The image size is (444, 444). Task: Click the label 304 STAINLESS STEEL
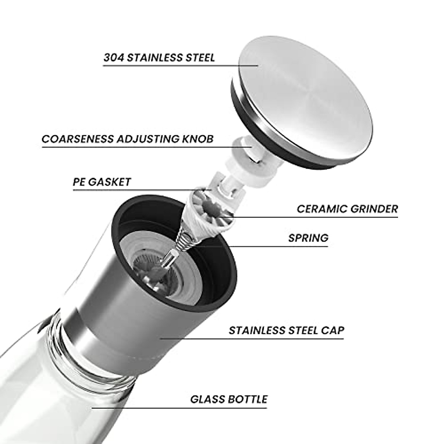159,58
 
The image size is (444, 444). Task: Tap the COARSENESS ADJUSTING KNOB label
127,139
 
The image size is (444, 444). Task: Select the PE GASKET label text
102,182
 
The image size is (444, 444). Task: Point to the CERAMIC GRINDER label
347,209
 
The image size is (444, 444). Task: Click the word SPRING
308,238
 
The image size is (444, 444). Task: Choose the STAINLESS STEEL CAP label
286,330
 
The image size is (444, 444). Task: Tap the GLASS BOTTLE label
229,399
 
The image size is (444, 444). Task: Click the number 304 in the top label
112,58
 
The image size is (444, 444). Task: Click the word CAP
332,330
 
